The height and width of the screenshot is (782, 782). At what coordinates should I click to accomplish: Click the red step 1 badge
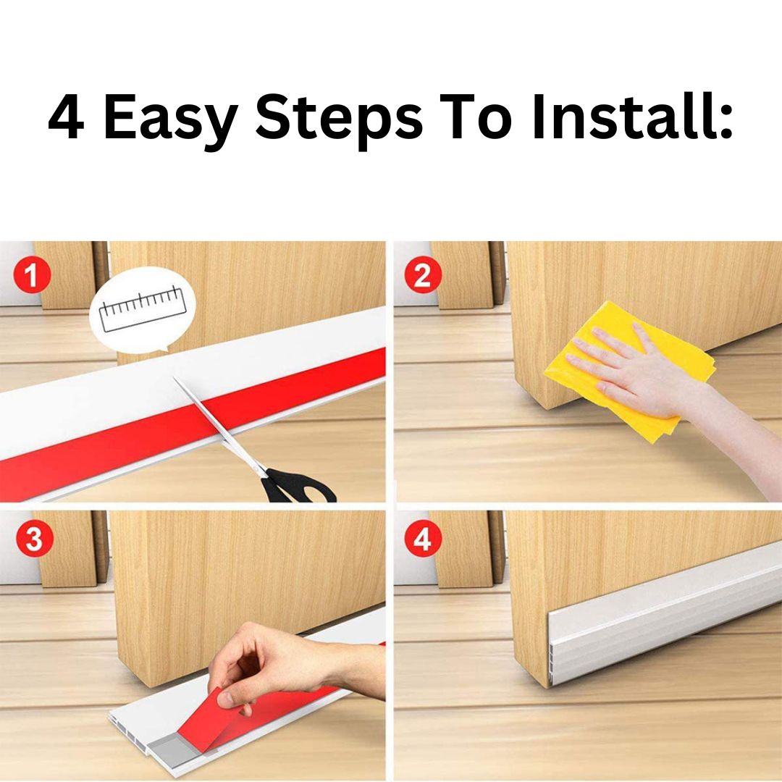tap(32, 275)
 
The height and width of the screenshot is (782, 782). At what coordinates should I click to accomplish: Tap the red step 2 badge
tap(422, 275)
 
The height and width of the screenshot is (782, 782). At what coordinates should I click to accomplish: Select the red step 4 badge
tap(423, 539)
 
